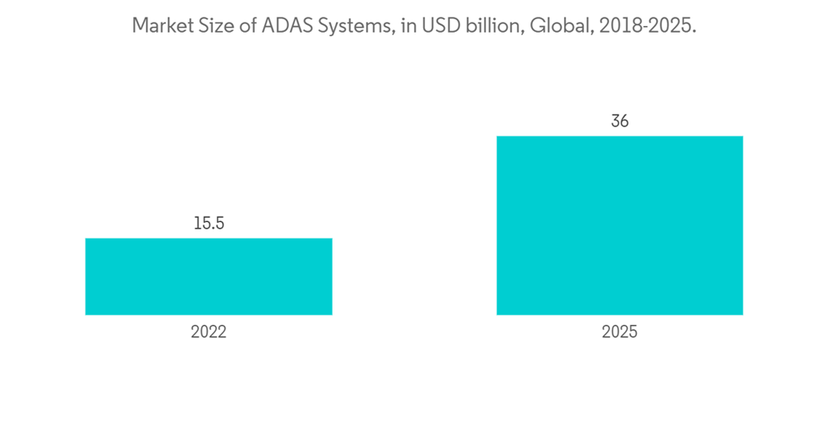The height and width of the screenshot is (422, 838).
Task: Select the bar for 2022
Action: (209, 276)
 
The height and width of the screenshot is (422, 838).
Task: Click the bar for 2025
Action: (619, 225)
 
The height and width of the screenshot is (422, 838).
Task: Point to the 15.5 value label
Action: (209, 224)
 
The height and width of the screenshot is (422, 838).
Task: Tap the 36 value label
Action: (619, 121)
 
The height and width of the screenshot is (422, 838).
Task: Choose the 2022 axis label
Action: (209, 332)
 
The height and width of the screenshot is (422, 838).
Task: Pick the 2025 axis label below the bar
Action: (619, 332)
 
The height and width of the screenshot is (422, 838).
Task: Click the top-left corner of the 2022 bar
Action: (86, 239)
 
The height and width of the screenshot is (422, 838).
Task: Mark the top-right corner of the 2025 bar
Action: (742, 136)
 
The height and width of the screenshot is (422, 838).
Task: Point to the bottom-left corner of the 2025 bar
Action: (498, 314)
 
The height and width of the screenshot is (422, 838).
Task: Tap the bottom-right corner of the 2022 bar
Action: (331, 314)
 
